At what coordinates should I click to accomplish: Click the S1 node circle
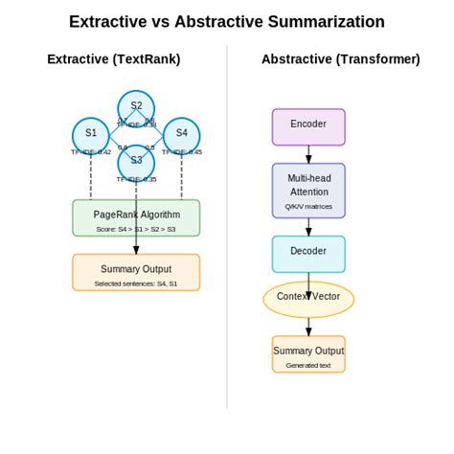[x=91, y=134]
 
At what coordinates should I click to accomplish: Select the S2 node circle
[x=136, y=106]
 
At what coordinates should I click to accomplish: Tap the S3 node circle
[x=136, y=161]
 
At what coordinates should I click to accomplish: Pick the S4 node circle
[x=181, y=134]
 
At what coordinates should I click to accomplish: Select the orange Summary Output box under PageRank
[x=136, y=272]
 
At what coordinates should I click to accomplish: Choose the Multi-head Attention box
[x=308, y=190]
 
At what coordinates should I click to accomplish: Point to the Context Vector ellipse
[x=308, y=299]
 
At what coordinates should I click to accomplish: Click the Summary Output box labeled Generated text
[x=308, y=353]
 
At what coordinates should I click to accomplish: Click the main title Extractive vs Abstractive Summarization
[x=227, y=22]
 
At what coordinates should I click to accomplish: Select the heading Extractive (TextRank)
[x=114, y=59]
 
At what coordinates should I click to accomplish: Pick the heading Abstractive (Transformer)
[x=341, y=59]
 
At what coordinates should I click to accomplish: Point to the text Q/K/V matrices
[x=308, y=207]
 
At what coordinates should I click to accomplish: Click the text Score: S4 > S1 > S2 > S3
[x=136, y=229]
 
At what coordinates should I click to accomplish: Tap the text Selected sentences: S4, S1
[x=136, y=284]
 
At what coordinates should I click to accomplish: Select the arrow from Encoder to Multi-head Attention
[x=308, y=154]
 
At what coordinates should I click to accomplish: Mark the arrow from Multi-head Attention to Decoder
[x=308, y=227]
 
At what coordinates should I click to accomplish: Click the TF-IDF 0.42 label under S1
[x=91, y=152]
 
